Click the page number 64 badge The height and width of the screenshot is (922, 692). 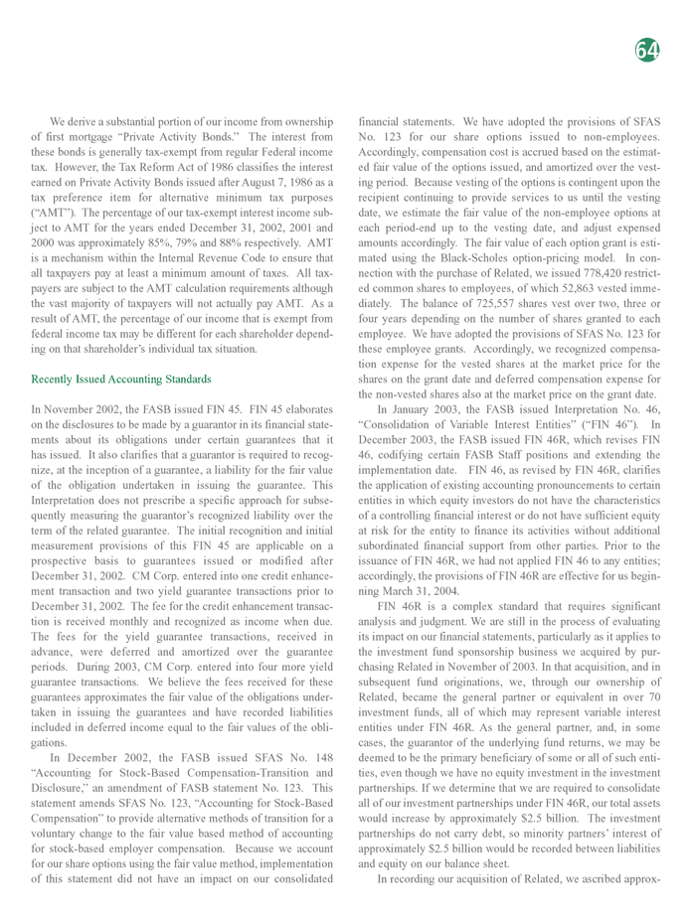(647, 50)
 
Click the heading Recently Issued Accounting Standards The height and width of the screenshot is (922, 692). (121, 379)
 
